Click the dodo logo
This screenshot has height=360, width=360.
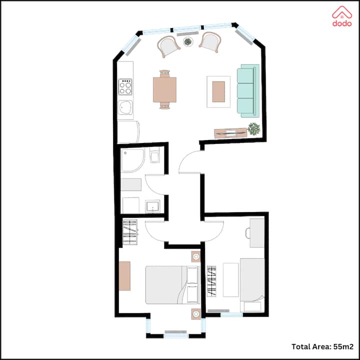point(342,16)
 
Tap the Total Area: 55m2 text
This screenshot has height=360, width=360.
point(322,346)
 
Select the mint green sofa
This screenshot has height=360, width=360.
point(248,90)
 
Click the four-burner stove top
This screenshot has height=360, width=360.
point(125,87)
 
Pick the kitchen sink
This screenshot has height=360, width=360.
point(125,107)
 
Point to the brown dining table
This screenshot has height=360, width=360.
point(164,90)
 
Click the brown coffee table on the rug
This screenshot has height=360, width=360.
point(218,91)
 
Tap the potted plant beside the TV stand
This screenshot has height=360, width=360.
point(253,128)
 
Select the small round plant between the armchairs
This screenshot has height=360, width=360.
point(188,42)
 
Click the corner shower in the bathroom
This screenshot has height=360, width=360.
point(132,160)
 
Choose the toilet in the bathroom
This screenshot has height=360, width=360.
point(154,155)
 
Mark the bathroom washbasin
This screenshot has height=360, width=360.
point(152,206)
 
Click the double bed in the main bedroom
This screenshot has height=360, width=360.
point(172,284)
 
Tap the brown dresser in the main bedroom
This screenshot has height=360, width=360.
point(124,275)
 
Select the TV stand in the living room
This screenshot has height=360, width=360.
point(230,133)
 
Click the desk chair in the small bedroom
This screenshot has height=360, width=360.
point(248,233)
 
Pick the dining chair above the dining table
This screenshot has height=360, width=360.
point(164,73)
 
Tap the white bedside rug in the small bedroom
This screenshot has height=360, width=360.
point(230,280)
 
